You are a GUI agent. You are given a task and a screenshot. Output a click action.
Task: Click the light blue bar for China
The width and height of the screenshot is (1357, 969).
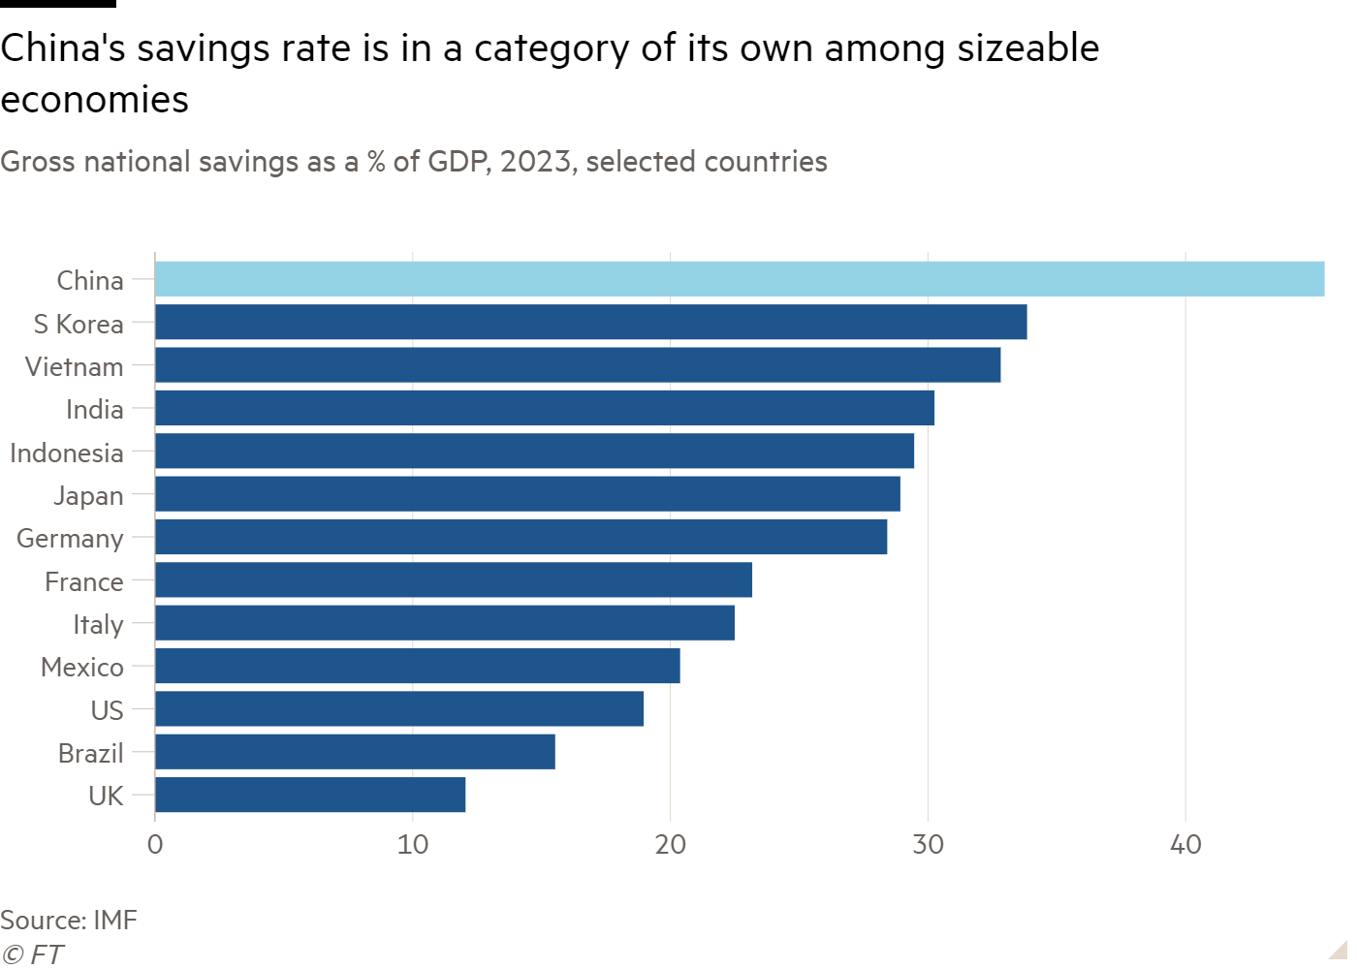click(x=740, y=279)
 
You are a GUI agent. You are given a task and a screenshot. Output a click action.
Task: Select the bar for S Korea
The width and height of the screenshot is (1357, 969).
click(x=591, y=323)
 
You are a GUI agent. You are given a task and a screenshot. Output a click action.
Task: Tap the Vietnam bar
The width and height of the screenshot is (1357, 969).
click(x=578, y=365)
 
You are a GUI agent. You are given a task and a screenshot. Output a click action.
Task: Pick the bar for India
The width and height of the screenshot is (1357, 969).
click(x=545, y=408)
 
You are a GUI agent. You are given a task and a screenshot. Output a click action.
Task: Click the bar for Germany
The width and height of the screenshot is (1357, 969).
click(x=521, y=537)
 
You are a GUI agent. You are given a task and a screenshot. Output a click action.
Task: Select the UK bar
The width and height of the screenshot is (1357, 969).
click(x=310, y=795)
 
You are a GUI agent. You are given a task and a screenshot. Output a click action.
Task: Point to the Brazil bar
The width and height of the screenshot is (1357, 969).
click(x=355, y=751)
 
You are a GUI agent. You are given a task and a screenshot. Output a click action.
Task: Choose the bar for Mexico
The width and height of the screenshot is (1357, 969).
click(x=418, y=666)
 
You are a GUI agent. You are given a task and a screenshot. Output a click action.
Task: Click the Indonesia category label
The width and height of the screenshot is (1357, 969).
click(x=67, y=453)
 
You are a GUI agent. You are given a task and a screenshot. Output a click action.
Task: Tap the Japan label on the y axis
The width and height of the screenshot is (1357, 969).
click(x=88, y=495)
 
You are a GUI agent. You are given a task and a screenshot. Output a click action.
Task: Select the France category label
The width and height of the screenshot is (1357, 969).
click(x=84, y=581)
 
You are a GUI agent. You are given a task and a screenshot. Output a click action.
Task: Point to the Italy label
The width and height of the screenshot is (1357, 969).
click(x=98, y=624)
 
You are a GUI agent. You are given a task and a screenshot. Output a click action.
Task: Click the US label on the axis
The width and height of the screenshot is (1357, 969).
click(x=107, y=710)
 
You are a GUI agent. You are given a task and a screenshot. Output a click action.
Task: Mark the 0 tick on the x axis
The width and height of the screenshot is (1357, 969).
click(x=155, y=845)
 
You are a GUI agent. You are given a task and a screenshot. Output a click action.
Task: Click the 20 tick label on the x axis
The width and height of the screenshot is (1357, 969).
click(x=670, y=845)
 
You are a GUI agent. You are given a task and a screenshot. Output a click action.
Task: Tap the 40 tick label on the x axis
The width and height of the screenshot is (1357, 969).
click(x=1185, y=845)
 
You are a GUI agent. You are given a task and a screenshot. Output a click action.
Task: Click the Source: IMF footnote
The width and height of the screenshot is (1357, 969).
click(x=69, y=920)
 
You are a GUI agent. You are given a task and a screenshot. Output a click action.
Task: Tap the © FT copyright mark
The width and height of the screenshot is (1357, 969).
click(x=32, y=954)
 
